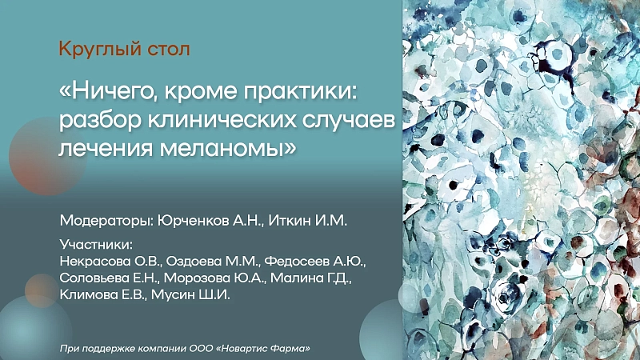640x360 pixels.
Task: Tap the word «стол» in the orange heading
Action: (168, 50)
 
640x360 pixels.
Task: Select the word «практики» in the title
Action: (298, 92)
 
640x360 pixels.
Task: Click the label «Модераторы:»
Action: (107, 221)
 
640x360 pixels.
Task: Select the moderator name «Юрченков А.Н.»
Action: (211, 221)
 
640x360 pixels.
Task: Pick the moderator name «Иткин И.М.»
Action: (308, 221)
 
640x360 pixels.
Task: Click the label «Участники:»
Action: (96, 245)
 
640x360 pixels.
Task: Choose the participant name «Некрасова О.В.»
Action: (110, 262)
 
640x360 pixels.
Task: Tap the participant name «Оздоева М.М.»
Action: (212, 262)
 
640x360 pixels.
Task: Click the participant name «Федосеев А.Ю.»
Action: (314, 262)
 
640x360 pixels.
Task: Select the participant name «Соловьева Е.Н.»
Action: (110, 278)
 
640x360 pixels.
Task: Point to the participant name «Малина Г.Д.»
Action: (310, 278)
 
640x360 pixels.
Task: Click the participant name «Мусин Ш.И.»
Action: (190, 294)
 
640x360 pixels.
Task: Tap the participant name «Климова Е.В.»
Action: (103, 294)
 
